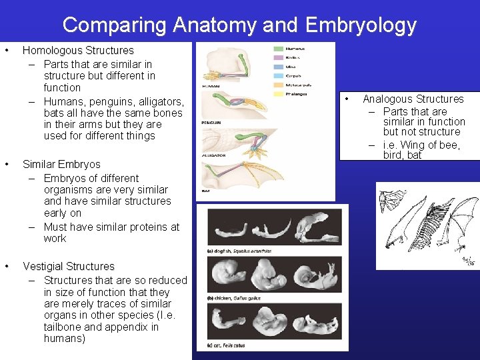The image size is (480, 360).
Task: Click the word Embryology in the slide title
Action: coord(360,25)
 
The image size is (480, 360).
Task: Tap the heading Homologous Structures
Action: coord(78,51)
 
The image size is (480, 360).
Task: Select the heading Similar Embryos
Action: coord(61,165)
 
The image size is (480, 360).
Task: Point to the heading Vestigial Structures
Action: coord(69,267)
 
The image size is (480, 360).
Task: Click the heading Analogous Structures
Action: coord(413,99)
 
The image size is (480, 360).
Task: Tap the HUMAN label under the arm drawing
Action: coord(211,85)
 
